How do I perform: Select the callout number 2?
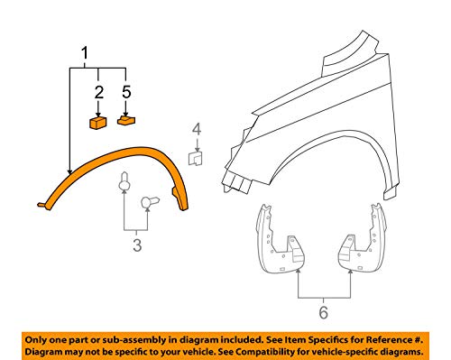[x=97, y=92]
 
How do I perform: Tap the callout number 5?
[x=126, y=92]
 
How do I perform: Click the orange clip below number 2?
[x=97, y=121]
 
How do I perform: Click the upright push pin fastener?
[x=124, y=188]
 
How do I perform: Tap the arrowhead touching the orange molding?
[x=69, y=171]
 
